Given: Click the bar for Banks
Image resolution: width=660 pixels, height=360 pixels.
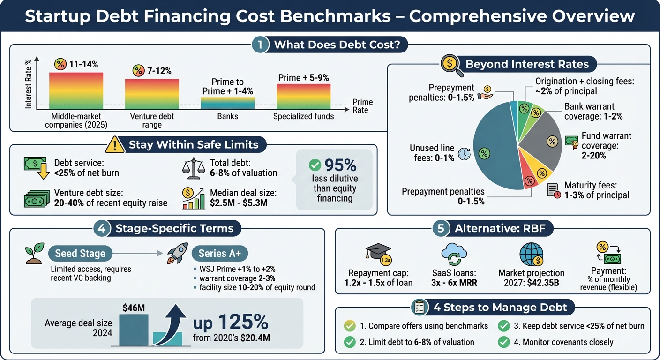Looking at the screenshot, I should click(x=228, y=103).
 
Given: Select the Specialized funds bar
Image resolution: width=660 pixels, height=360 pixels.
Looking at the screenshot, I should click(x=303, y=97).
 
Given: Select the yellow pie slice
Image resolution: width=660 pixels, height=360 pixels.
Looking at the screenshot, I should click(x=541, y=173).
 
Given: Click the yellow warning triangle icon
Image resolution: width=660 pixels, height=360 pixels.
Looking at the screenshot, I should click(x=115, y=144).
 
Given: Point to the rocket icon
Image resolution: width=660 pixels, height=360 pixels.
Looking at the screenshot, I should click(x=178, y=253).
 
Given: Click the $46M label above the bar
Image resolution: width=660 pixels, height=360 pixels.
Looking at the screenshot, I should click(x=133, y=307).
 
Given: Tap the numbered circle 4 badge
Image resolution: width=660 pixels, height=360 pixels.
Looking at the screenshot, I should click(x=102, y=229).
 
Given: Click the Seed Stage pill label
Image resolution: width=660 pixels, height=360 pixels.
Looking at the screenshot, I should click(x=80, y=254).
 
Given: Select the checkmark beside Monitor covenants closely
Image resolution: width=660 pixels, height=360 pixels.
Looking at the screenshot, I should click(x=503, y=342).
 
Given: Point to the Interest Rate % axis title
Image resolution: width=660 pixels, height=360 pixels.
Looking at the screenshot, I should click(x=29, y=85).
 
